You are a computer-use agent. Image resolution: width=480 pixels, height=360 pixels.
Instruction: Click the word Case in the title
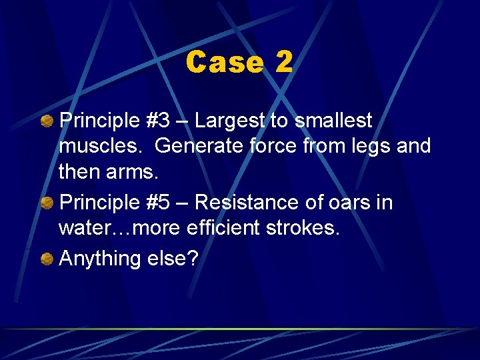tap(224, 63)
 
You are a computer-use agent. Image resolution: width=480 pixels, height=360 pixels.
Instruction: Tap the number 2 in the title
tap(283, 63)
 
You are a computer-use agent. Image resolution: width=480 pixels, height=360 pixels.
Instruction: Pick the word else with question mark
tap(175, 258)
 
